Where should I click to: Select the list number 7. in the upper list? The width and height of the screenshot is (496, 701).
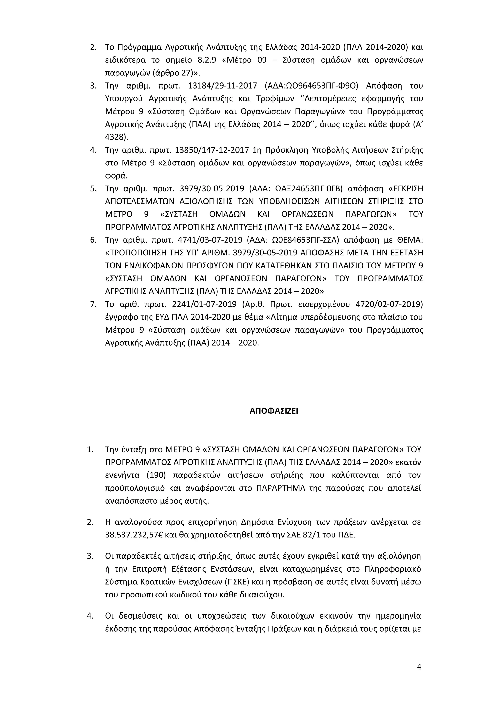93,304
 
